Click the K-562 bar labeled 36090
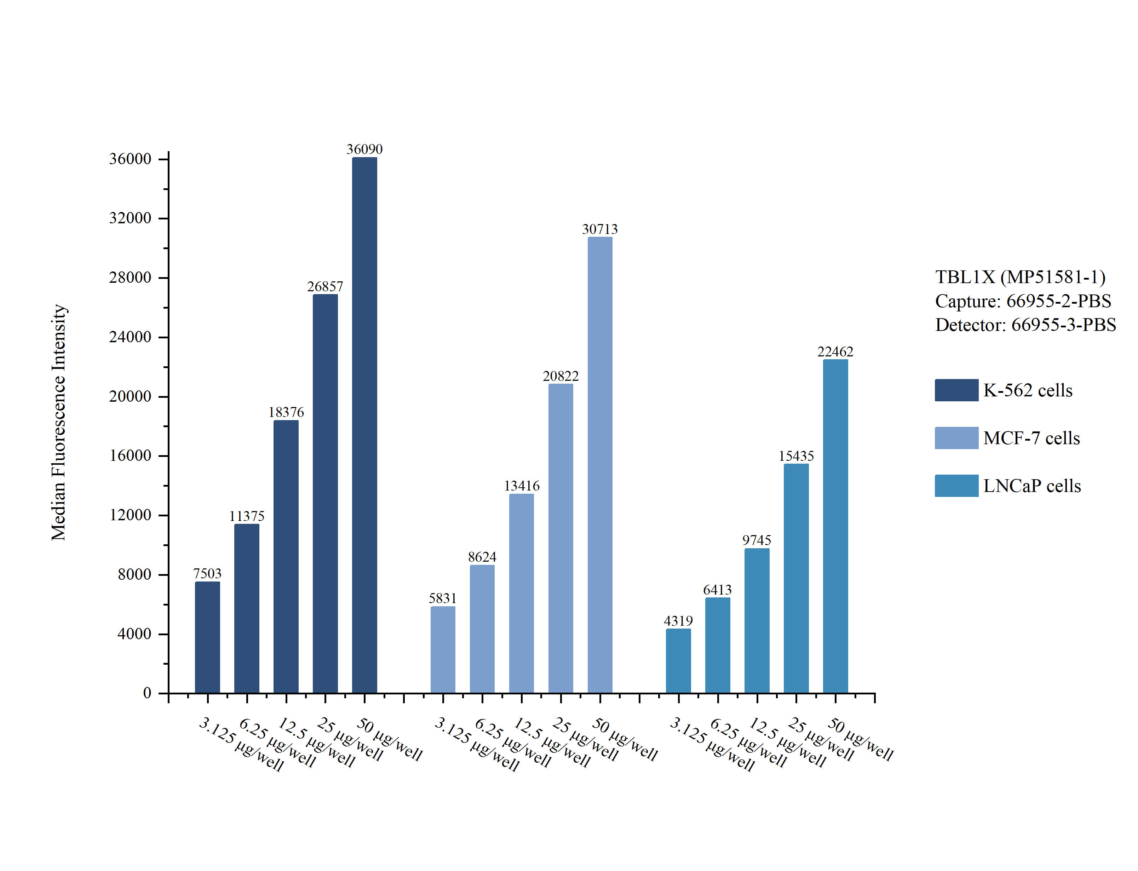(x=364, y=425)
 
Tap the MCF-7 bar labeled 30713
(x=599, y=465)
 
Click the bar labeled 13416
(x=521, y=593)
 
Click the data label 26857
(x=325, y=287)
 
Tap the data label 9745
(x=756, y=540)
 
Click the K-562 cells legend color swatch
(x=956, y=390)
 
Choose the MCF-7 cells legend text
(x=1031, y=438)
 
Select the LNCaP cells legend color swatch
(x=956, y=486)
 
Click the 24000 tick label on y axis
(x=130, y=337)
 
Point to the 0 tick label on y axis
(x=147, y=693)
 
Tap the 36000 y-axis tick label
(x=130, y=159)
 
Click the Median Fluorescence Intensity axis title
(x=58, y=423)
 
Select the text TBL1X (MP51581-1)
(x=1020, y=277)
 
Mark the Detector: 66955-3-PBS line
(x=1025, y=325)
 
